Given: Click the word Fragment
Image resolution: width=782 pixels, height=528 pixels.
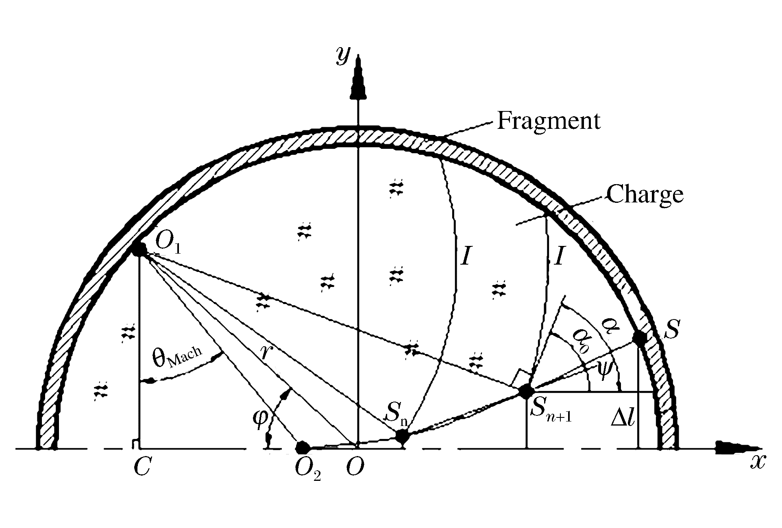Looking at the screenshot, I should pyautogui.click(x=549, y=121).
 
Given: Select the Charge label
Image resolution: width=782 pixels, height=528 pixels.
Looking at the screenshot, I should pyautogui.click(x=645, y=195).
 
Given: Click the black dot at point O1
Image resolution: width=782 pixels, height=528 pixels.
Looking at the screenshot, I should pyautogui.click(x=139, y=248).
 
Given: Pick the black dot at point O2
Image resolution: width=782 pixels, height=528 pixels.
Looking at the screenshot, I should pyautogui.click(x=302, y=448).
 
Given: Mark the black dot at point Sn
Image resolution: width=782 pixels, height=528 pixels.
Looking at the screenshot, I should pyautogui.click(x=402, y=437).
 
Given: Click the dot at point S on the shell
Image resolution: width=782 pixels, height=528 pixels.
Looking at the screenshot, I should pyautogui.click(x=640, y=338).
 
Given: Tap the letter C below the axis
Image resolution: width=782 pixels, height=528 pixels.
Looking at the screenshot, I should pyautogui.click(x=142, y=467).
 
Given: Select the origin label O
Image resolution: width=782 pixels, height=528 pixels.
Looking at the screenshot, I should pyautogui.click(x=355, y=467).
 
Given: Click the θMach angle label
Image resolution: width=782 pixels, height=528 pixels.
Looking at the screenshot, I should pyautogui.click(x=177, y=358).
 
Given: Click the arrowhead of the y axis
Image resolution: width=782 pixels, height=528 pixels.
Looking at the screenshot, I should pyautogui.click(x=358, y=77).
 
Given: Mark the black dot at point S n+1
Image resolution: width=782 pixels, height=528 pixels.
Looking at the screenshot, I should pyautogui.click(x=526, y=391).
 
